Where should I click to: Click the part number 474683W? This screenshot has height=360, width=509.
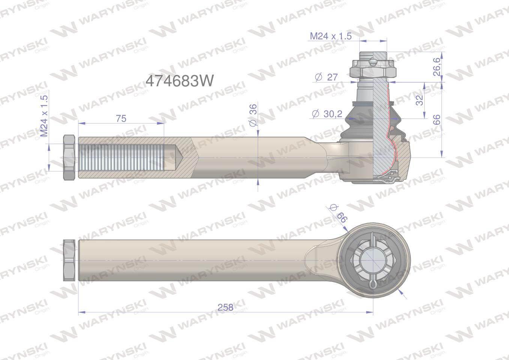coord(180,81)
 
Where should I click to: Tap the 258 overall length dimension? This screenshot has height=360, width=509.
coord(225,307)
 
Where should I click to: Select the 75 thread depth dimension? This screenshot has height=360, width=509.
coord(121,118)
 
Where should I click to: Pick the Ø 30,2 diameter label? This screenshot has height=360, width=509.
coord(327,114)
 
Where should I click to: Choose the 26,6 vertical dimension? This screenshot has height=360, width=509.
coord(437,67)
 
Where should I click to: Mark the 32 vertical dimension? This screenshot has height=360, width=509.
coord(420,100)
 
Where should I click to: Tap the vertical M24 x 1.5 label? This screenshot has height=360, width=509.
coord(44,116)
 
